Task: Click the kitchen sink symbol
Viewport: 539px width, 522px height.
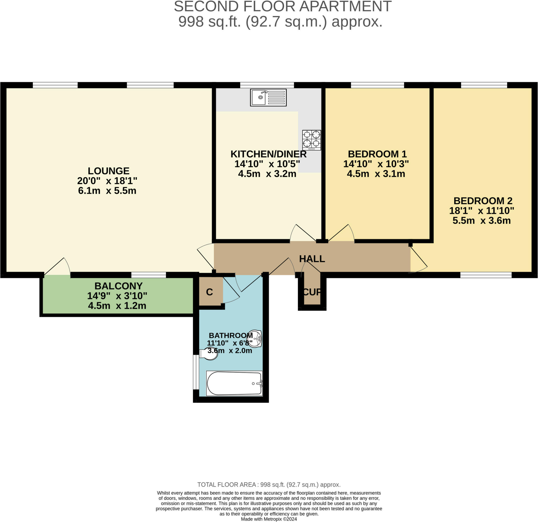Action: tap(268, 97)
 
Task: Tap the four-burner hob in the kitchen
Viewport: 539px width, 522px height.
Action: tap(312, 140)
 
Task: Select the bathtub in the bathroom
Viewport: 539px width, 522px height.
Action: tap(234, 383)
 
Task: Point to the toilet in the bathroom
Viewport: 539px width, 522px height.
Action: tap(208, 354)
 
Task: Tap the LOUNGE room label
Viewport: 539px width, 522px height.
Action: tap(108, 171)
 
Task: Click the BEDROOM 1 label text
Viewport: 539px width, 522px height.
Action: tap(377, 154)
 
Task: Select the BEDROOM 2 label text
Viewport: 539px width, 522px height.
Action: tap(483, 201)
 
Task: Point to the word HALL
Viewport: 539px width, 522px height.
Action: tap(312, 259)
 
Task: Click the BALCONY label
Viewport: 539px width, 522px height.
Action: tap(118, 286)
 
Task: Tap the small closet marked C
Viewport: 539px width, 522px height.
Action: tap(209, 292)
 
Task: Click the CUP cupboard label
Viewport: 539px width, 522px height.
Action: tap(312, 292)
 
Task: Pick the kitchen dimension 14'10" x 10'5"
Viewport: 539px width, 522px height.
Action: tap(267, 164)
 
